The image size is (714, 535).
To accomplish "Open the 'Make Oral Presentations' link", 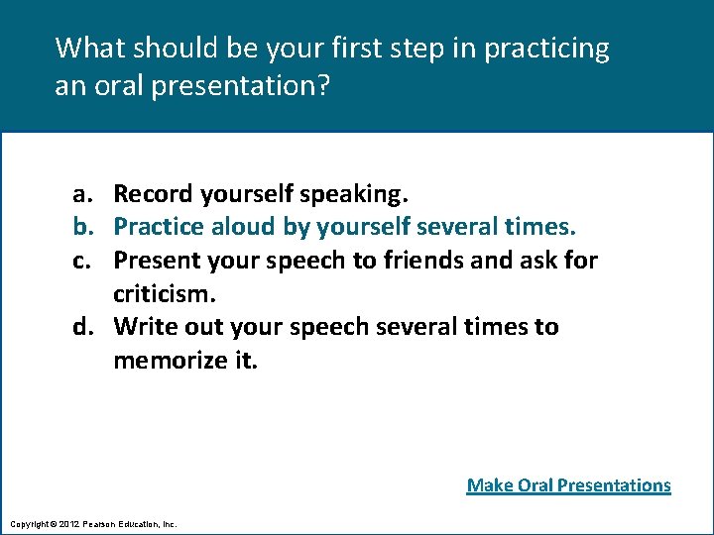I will tap(568, 484).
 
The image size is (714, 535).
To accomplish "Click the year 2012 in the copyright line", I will tap(68, 523).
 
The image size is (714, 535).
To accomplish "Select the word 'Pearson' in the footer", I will tap(101, 523).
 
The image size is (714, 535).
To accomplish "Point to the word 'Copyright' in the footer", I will tap(27, 523).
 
